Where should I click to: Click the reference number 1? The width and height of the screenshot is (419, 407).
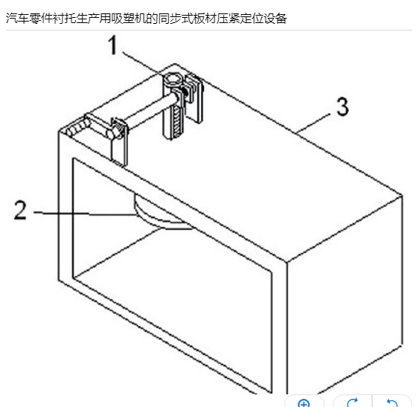[113, 45]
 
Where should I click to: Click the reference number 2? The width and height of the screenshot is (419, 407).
[20, 211]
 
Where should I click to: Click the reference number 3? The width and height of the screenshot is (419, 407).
[342, 106]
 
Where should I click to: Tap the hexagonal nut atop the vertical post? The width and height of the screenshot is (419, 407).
[173, 79]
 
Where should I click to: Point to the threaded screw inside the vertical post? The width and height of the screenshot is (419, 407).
[177, 121]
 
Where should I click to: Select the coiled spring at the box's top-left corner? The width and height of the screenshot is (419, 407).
[78, 128]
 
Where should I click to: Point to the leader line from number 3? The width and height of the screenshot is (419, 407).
[314, 123]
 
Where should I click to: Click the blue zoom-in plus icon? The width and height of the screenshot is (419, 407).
[304, 403]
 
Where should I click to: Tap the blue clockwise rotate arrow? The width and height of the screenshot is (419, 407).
[352, 403]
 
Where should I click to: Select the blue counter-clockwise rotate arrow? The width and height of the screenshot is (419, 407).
[392, 403]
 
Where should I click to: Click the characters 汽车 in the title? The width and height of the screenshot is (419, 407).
[17, 19]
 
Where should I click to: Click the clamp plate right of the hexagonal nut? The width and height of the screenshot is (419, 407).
[194, 99]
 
